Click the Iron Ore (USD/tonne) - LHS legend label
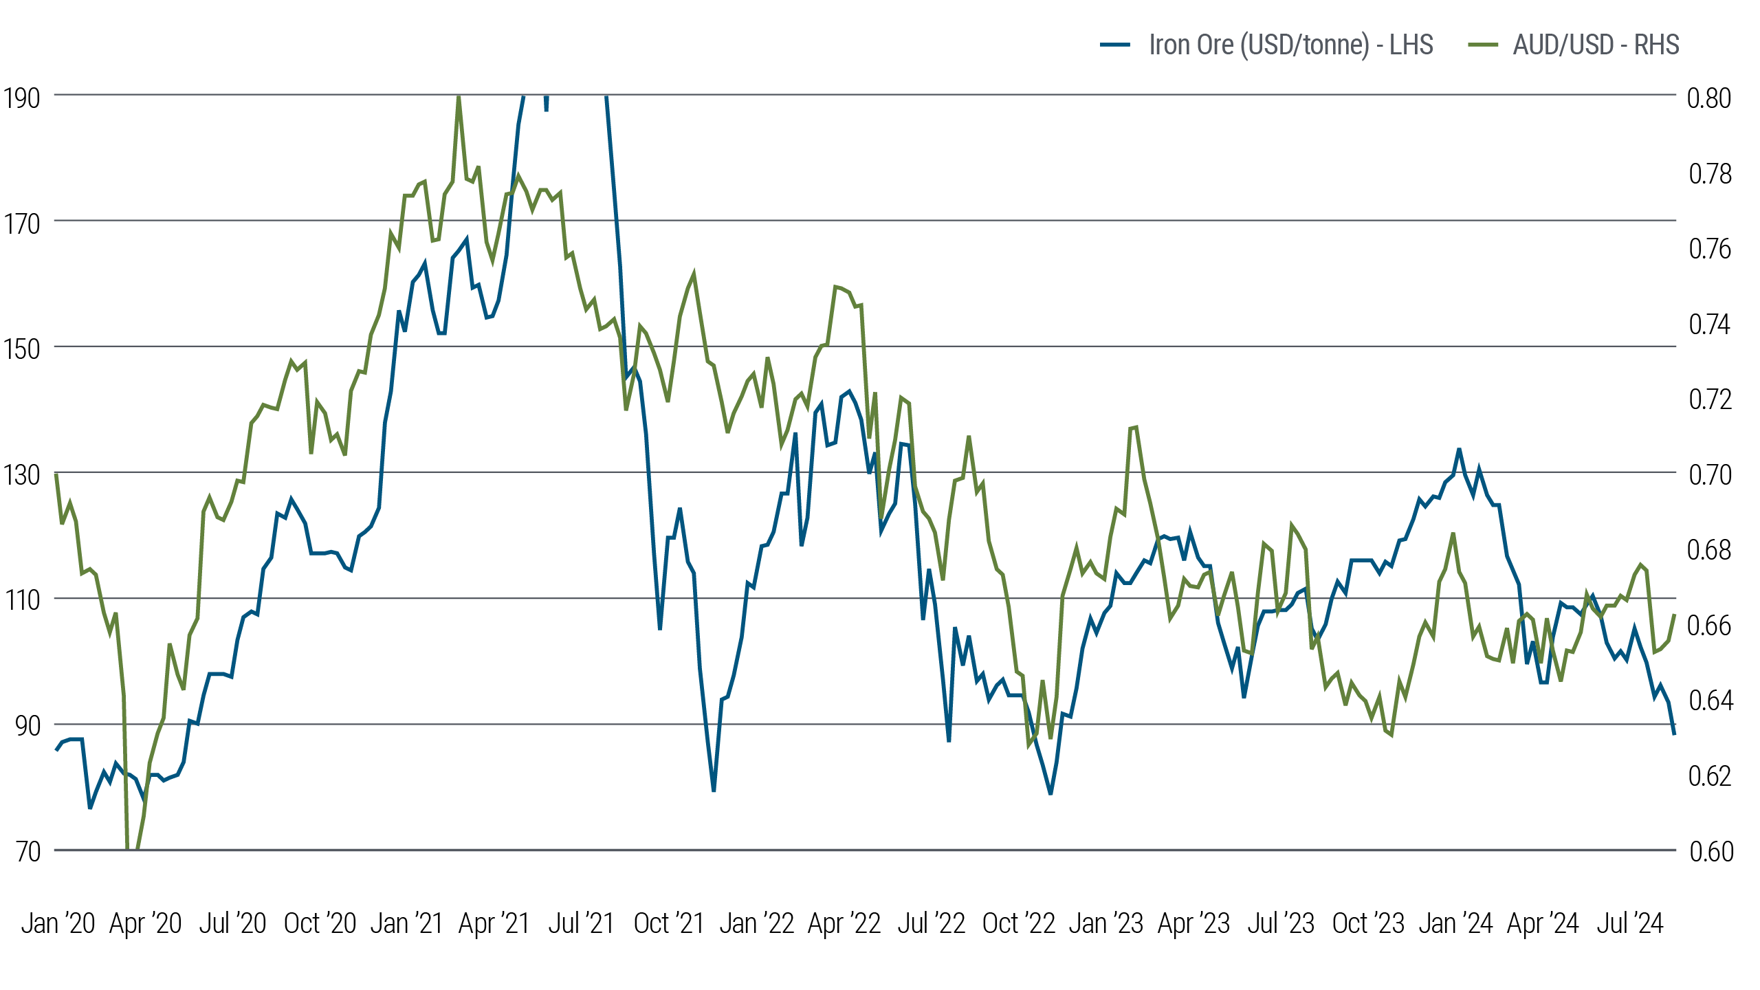point(1290,45)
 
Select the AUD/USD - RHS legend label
point(1596,45)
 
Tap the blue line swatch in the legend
point(1115,45)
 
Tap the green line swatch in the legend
point(1483,45)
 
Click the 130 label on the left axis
point(21,475)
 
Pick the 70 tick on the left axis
point(28,852)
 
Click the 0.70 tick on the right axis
point(1710,475)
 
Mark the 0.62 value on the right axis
point(1709,776)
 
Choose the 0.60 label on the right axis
point(1711,852)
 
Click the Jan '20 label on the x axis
point(58,923)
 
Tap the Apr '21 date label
point(494,923)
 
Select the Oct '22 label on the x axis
point(1018,923)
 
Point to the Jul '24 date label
point(1630,923)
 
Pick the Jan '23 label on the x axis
point(1105,923)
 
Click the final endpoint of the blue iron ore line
point(1675,734)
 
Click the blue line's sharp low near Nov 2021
point(714,791)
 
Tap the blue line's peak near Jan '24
point(1459,450)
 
